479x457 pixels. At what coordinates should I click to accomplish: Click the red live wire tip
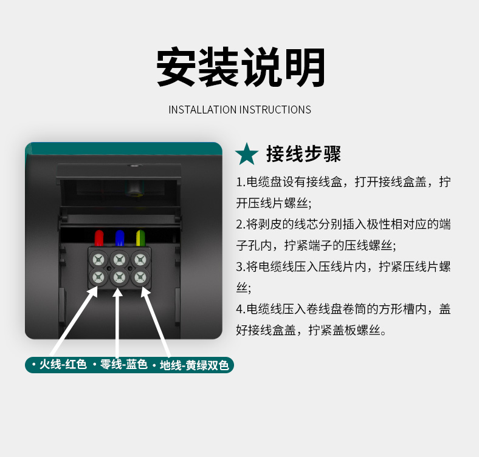[x=99, y=238]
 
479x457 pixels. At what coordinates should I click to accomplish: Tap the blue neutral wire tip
[x=120, y=238]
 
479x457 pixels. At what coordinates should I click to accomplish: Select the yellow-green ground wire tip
[x=140, y=238]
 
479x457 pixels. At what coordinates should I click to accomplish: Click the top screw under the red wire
[x=98, y=260]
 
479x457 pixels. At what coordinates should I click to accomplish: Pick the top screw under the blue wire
[x=119, y=260]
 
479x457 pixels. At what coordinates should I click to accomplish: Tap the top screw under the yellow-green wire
[x=140, y=260]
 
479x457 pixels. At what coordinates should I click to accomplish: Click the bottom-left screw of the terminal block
[x=98, y=277]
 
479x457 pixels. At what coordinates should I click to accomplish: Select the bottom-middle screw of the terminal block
[x=119, y=277]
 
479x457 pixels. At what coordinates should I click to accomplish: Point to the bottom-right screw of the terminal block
[x=140, y=277]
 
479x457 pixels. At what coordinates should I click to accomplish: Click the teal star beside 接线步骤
[x=247, y=155]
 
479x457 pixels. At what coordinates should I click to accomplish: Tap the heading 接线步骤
[x=303, y=154]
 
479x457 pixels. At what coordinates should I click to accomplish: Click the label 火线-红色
[x=63, y=365]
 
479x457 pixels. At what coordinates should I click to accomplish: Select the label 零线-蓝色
[x=124, y=365]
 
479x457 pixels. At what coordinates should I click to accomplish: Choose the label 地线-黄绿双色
[x=195, y=365]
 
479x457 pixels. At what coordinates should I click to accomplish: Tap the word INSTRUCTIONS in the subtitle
[x=275, y=110]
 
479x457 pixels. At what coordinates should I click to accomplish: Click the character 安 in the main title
[x=176, y=67]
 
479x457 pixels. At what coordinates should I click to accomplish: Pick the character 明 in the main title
[x=305, y=67]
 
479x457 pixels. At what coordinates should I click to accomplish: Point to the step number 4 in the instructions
[x=239, y=310]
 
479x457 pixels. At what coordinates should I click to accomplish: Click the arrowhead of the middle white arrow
[x=117, y=292]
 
